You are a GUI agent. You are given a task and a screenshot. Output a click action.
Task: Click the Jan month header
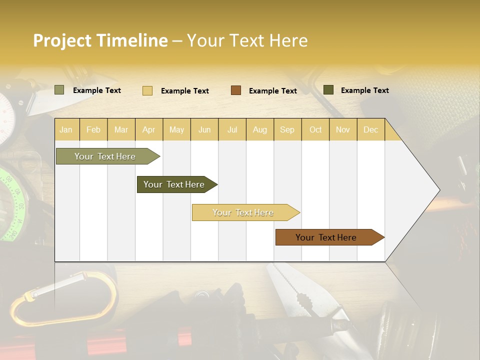[x=66, y=130]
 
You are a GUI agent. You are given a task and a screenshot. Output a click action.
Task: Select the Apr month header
[x=148, y=130]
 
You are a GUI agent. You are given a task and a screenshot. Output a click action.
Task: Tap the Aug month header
[x=259, y=130]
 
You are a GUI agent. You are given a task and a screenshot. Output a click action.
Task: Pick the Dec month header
[x=370, y=130]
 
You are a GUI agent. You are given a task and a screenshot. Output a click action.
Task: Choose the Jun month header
[x=204, y=130]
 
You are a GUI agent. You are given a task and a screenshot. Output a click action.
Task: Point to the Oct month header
[x=315, y=130]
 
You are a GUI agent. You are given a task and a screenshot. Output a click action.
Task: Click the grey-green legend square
[x=59, y=90]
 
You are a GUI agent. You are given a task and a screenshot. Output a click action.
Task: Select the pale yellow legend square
[x=147, y=90]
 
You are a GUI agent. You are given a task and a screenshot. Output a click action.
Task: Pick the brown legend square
[x=236, y=90]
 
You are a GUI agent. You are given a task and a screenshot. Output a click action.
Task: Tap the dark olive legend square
[x=328, y=90]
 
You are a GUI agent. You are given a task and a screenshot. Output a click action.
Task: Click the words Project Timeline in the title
[x=100, y=40]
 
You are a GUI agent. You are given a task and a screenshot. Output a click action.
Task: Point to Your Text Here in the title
[x=247, y=40]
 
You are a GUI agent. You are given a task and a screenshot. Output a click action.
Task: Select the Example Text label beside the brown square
[x=272, y=91]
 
